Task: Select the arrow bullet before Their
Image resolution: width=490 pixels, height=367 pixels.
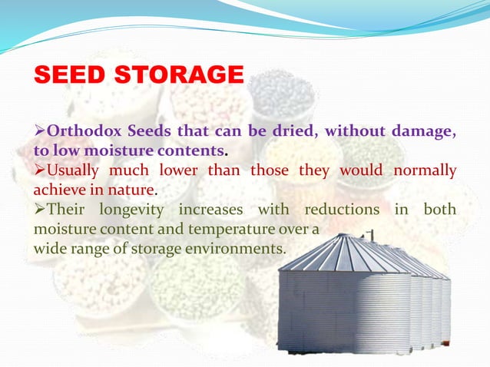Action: click(40, 209)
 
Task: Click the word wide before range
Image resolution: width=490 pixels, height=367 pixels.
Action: click(48, 249)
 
